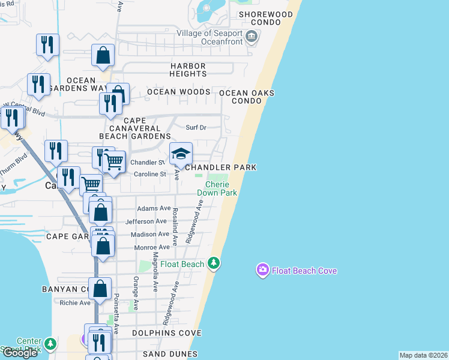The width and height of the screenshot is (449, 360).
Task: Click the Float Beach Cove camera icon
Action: (262, 271)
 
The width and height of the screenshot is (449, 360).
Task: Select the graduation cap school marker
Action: (181, 154)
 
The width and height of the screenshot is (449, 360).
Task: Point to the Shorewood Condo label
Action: (266, 18)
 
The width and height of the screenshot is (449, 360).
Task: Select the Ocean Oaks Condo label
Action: (247, 97)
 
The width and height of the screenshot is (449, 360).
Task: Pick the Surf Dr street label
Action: (196, 127)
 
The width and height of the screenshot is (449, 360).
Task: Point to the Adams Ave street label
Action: (154, 208)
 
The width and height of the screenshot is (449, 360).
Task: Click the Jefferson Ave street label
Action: (146, 221)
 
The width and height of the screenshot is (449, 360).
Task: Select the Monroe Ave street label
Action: (151, 247)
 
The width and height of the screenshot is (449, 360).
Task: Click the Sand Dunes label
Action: (170, 355)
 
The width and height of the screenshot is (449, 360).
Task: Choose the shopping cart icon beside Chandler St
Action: (114, 161)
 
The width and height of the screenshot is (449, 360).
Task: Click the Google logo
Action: (20, 353)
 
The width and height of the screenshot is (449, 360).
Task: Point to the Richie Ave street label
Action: (75, 302)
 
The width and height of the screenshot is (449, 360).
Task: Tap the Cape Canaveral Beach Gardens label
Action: (130, 132)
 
